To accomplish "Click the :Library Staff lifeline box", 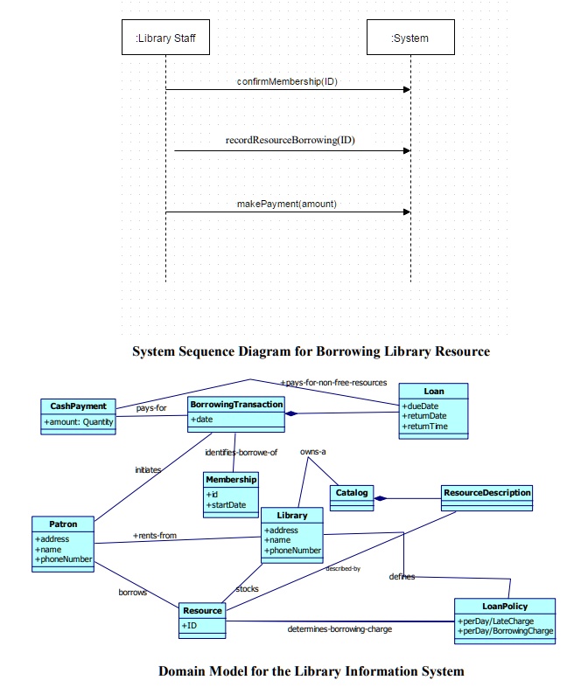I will pos(165,38).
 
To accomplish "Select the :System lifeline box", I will pos(409,38).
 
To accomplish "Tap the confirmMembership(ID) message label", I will pos(287,81).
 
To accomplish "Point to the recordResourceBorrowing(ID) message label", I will pos(290,140).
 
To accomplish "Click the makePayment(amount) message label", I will pos(287,204).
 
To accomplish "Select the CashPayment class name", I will pos(78,406).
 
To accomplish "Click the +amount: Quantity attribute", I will pos(79,422).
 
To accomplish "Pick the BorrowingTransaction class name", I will pos(236,405).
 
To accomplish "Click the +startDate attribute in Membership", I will pos(226,504).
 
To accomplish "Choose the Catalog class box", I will pos(353,494).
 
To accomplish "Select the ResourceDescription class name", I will pos(487,493).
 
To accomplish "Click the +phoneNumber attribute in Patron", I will pos(63,559).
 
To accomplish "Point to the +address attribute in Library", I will pos(282,531).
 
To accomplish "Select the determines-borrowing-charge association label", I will pos(339,628).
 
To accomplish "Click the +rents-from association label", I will pos(155,535).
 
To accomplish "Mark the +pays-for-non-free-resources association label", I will pos(333,383).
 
